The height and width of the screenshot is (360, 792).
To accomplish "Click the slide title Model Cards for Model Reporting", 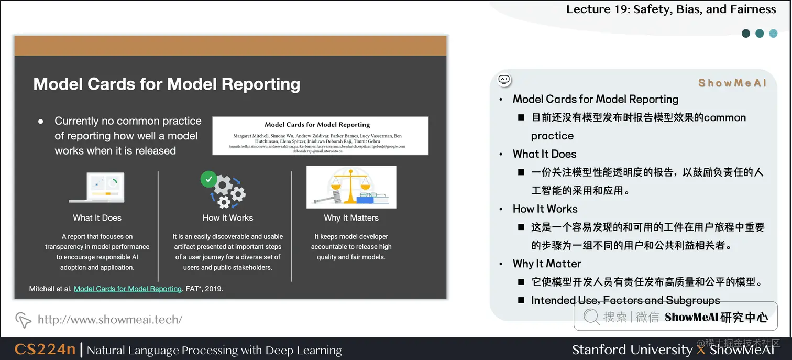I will click(x=167, y=84).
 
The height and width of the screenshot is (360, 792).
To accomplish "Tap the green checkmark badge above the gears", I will click(x=208, y=179).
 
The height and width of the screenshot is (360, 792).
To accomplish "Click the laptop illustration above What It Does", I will click(x=97, y=188).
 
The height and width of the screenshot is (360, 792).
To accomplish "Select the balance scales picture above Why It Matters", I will click(x=351, y=187).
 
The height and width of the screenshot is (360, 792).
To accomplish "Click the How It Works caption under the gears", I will click(x=228, y=218).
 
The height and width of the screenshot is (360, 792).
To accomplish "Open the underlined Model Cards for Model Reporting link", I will click(x=128, y=289).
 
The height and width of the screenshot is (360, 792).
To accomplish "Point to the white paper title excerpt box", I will click(x=320, y=136).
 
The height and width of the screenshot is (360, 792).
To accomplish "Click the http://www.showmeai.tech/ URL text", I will click(x=110, y=319).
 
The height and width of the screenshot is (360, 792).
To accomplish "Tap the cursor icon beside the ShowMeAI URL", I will click(x=23, y=320).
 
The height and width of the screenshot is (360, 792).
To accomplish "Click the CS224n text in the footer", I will click(x=45, y=350).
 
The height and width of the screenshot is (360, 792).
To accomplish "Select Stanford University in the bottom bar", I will click(x=632, y=350).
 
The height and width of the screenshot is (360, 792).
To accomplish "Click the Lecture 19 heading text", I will click(x=671, y=9).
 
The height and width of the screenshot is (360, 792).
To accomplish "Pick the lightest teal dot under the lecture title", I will click(x=773, y=34).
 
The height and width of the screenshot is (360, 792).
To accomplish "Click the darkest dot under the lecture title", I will click(x=746, y=34).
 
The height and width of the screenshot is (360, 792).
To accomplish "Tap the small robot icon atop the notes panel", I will click(x=504, y=80).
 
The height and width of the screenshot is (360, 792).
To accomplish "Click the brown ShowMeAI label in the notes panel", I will click(x=732, y=83).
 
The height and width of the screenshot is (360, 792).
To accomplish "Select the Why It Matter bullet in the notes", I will click(x=547, y=264).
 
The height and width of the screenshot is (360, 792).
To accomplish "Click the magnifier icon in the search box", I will click(x=591, y=317).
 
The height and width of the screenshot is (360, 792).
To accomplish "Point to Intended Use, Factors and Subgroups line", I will click(x=625, y=300).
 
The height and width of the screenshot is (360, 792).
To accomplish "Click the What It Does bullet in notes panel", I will click(x=544, y=154).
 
